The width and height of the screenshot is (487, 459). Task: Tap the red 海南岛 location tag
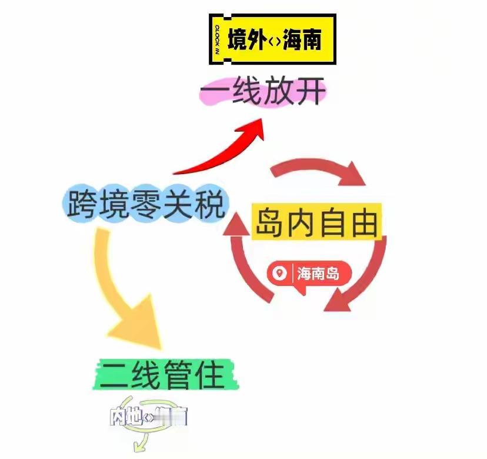[309, 274]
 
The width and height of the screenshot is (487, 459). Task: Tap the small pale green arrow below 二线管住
[141, 441]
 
